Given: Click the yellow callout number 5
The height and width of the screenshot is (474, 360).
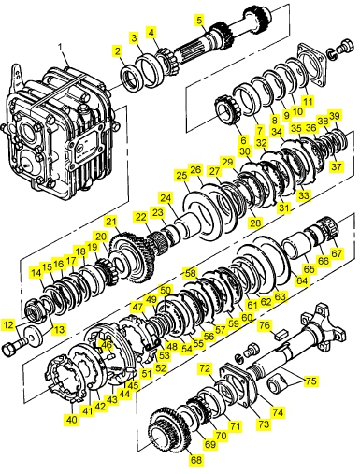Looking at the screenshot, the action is point(199,20).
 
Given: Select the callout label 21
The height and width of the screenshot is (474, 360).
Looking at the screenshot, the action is point(111,222).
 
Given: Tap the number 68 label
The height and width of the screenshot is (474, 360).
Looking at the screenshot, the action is point(195,460).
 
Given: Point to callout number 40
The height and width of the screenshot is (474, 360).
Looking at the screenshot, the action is point(72,420).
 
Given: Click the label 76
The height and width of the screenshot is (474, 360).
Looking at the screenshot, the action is point(265,325).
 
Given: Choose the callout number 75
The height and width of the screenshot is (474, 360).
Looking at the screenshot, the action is point(310,381).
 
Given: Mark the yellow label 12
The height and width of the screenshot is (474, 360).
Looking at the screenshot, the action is point(8,325).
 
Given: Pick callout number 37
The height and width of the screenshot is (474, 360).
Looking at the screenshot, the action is point(336,166).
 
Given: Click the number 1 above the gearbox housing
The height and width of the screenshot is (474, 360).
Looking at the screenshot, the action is point(61,47).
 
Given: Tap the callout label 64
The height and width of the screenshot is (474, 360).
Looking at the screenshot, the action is point(301,280).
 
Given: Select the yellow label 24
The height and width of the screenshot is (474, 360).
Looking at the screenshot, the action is point(166,198).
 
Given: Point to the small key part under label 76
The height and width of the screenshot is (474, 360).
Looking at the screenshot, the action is point(281,336).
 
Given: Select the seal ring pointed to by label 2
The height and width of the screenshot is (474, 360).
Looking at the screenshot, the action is point(131,77).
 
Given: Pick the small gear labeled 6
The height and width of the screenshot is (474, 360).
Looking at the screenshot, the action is point(226,110).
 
